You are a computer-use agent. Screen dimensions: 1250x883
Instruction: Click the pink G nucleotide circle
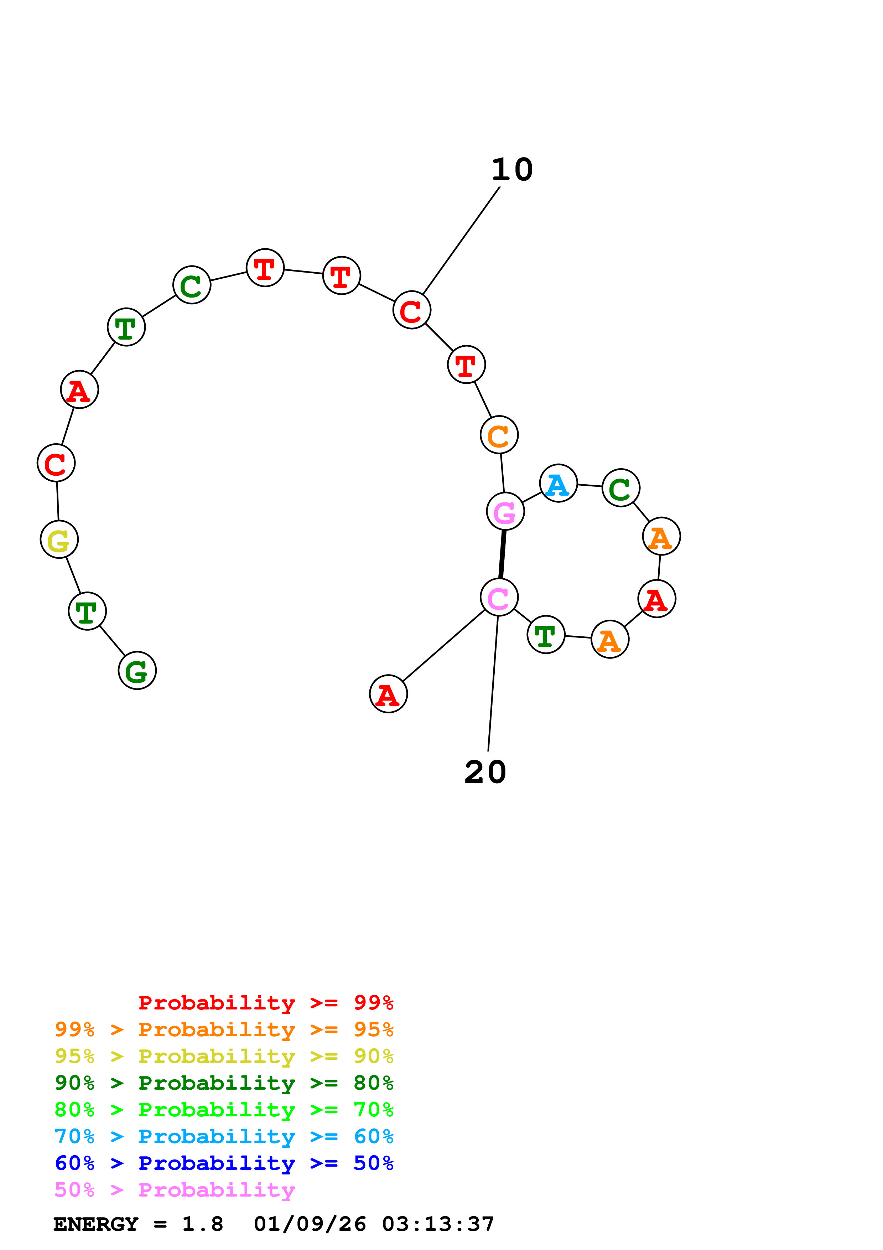[505, 511]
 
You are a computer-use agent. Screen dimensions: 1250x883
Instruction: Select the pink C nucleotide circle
[499, 597]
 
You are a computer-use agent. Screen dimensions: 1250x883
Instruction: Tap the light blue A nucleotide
[558, 484]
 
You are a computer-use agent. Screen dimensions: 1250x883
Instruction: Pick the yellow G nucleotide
[59, 539]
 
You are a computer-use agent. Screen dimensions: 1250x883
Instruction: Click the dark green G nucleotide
[137, 670]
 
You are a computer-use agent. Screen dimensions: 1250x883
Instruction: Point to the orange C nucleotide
[499, 435]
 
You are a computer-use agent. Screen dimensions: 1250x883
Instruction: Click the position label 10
[512, 170]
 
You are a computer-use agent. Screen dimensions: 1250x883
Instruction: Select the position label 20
[485, 772]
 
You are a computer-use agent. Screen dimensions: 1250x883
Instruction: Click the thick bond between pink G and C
[502, 554]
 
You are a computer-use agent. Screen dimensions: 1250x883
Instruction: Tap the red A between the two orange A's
[657, 599]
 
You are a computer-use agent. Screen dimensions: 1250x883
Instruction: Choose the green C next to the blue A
[621, 488]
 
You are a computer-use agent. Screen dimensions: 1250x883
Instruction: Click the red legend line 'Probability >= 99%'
[265, 1003]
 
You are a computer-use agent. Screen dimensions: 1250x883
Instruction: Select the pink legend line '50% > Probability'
[175, 1190]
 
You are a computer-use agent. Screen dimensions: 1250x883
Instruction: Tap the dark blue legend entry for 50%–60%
[224, 1163]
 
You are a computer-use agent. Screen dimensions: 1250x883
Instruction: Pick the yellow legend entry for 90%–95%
[224, 1056]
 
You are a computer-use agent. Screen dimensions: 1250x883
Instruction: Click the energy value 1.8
[202, 1224]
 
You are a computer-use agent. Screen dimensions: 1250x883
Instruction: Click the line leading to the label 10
[461, 241]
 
